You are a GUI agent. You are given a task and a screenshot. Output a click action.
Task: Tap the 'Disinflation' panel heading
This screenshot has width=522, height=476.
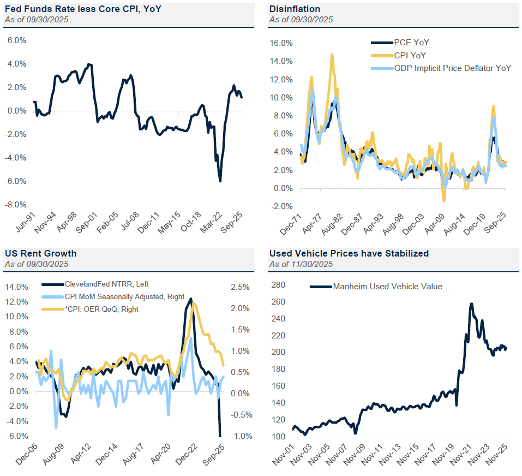[x=294, y=9]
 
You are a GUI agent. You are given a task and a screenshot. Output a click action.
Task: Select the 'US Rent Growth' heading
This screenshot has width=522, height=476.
[x=41, y=253]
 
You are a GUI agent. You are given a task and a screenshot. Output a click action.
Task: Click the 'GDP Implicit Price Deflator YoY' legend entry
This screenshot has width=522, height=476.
[x=452, y=68]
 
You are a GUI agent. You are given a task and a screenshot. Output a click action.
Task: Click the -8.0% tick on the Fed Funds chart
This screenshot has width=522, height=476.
[x=16, y=205]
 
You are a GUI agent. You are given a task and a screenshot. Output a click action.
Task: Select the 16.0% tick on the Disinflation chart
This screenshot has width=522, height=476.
[x=282, y=43]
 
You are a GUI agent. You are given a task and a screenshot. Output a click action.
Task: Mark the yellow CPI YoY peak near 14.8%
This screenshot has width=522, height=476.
[x=332, y=54]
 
